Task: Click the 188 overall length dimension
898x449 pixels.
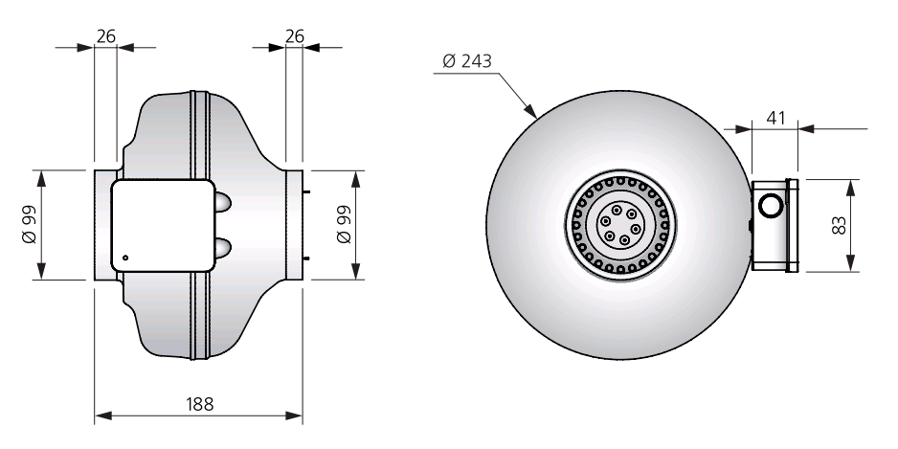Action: (x=199, y=404)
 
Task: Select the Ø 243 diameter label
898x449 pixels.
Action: (x=467, y=60)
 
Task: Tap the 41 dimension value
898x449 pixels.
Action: (x=775, y=118)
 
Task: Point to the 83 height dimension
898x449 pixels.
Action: (x=839, y=225)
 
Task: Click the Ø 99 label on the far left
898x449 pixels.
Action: (x=30, y=224)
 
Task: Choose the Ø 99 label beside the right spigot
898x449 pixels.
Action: (x=344, y=224)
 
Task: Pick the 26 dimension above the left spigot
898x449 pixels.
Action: (x=106, y=36)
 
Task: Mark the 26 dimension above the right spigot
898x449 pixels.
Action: (x=294, y=36)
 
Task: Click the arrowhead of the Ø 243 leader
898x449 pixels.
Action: (x=531, y=112)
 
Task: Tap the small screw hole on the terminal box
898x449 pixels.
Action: (x=125, y=258)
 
